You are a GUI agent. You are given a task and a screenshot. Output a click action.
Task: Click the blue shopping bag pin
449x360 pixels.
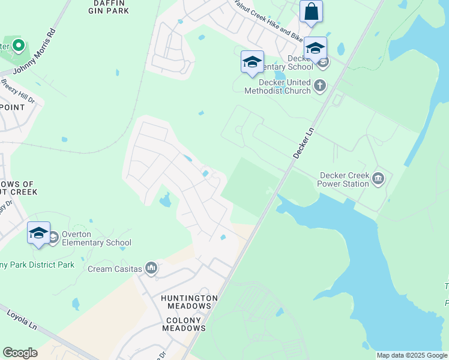coord(311,12)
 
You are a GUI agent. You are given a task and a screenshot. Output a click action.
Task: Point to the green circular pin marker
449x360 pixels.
coord(18,44)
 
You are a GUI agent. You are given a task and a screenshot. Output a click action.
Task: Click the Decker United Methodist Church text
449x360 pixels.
coord(277,86)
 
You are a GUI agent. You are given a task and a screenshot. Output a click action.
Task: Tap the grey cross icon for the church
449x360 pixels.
coord(319,86)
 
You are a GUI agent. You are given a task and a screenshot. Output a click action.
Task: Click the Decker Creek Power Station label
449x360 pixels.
coord(344,179)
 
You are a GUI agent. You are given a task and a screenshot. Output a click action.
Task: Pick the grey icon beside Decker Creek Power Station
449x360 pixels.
coord(378,178)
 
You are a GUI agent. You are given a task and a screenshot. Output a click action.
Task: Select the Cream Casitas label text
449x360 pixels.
coord(116,269)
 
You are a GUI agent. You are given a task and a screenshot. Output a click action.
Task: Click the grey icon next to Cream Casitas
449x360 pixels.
coord(151,268)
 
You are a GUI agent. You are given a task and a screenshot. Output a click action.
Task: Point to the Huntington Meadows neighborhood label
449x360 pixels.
coord(189,302)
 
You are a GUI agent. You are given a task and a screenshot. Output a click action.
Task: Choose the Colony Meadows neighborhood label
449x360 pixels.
coord(184,324)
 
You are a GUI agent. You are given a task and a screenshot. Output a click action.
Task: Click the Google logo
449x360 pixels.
coord(20,353)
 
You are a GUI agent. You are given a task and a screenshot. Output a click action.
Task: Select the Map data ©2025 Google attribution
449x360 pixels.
coord(412,355)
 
